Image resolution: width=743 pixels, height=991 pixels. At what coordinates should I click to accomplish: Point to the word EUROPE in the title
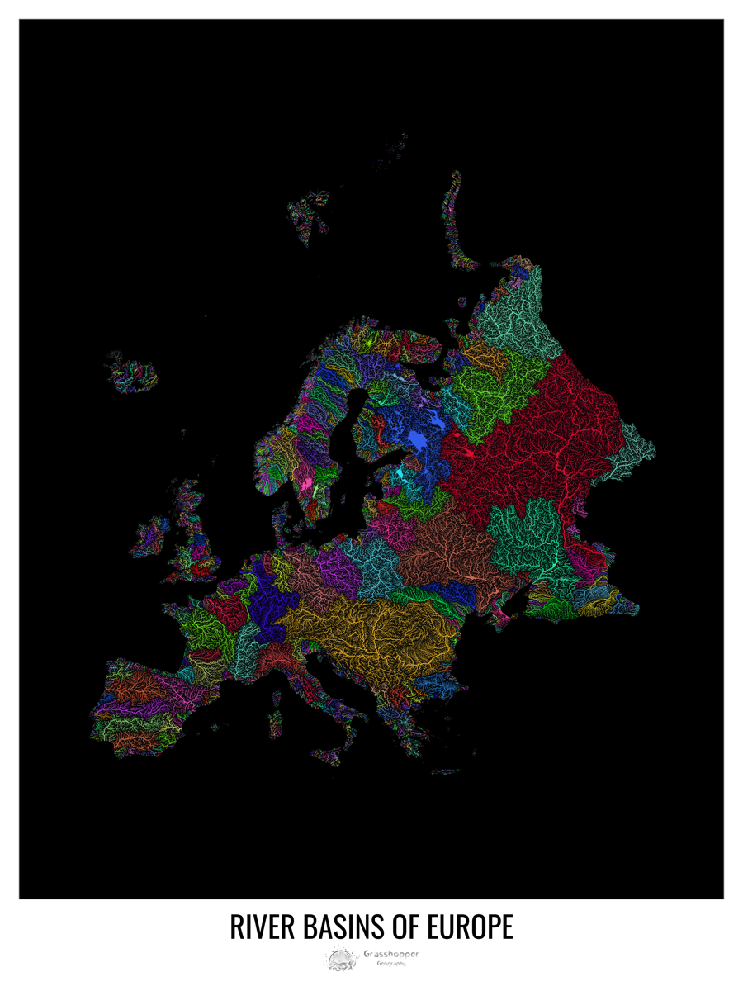point(471,926)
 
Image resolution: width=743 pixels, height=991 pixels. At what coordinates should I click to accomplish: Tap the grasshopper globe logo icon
point(340,960)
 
